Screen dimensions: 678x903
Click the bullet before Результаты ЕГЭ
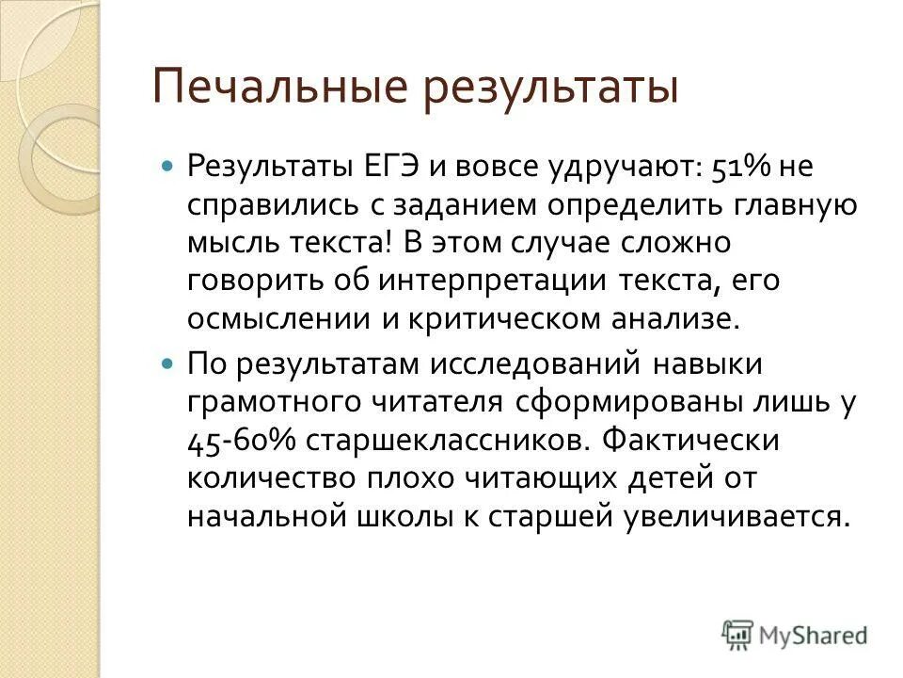(x=169, y=165)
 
